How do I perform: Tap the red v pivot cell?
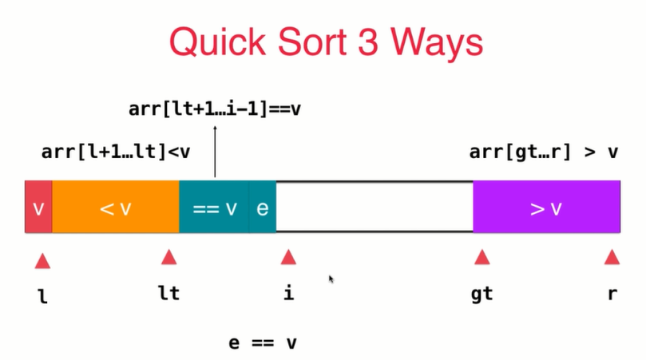click(38, 208)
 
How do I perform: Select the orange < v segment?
click(115, 208)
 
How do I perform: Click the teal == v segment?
click(214, 208)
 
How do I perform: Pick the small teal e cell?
click(263, 208)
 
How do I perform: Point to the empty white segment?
click(374, 208)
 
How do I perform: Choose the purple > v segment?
click(546, 208)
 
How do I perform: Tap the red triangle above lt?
click(168, 257)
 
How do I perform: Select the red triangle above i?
click(288, 257)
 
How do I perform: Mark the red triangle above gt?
click(482, 257)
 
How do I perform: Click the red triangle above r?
click(612, 257)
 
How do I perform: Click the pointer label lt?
click(168, 293)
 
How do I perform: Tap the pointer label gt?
click(482, 295)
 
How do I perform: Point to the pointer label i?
click(288, 293)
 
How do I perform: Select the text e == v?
click(264, 343)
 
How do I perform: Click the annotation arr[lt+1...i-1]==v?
click(214, 109)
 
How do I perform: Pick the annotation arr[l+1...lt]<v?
click(116, 152)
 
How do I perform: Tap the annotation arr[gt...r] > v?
click(544, 152)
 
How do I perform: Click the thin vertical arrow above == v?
click(215, 156)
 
